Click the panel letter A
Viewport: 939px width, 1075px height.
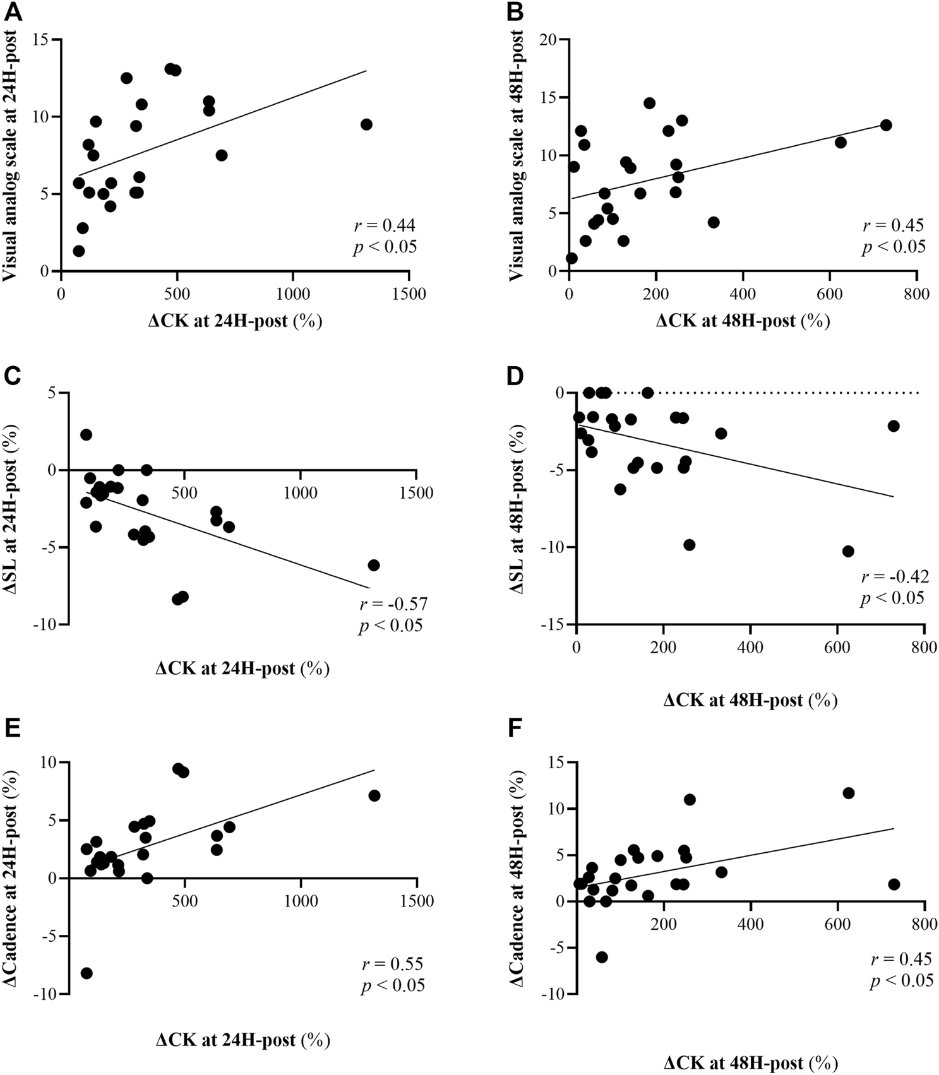(13, 13)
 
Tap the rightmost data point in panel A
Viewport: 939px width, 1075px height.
(366, 124)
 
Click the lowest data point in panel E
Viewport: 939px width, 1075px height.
(87, 973)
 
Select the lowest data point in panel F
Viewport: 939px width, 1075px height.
(602, 957)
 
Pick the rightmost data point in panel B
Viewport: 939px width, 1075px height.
(886, 125)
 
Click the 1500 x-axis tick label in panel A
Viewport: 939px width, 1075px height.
(409, 294)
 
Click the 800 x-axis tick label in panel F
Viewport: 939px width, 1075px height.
(924, 925)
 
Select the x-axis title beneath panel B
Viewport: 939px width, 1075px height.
(743, 321)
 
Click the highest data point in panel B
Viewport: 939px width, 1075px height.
(649, 103)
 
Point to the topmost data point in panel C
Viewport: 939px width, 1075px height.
(86, 435)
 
